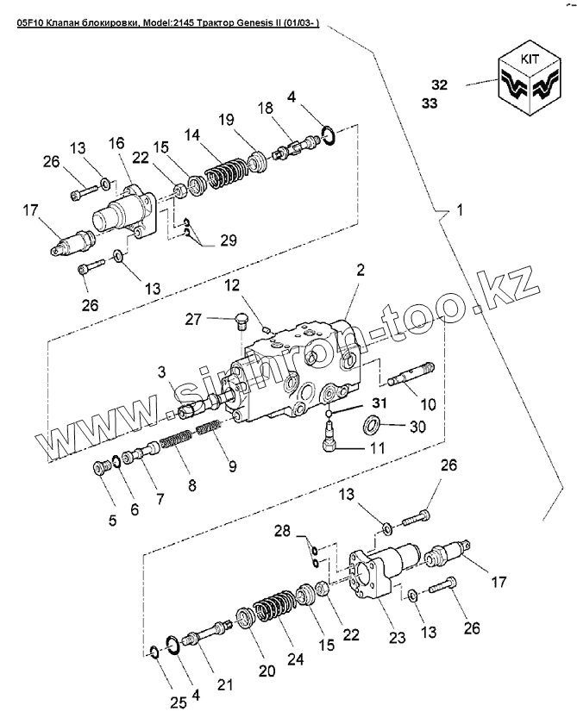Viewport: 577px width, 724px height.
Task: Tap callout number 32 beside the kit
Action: pyautogui.click(x=440, y=84)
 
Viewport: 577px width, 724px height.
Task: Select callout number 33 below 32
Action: pyautogui.click(x=430, y=103)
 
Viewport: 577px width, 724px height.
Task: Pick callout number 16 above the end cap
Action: pyautogui.click(x=116, y=143)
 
